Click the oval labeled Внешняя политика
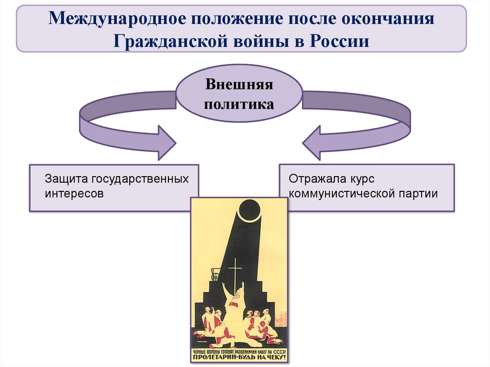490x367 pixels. point(239,94)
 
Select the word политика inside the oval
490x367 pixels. point(239,104)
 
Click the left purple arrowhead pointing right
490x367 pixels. point(165,142)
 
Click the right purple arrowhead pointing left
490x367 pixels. point(313,142)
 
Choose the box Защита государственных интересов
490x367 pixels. point(114,188)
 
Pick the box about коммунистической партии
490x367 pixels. point(367,188)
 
